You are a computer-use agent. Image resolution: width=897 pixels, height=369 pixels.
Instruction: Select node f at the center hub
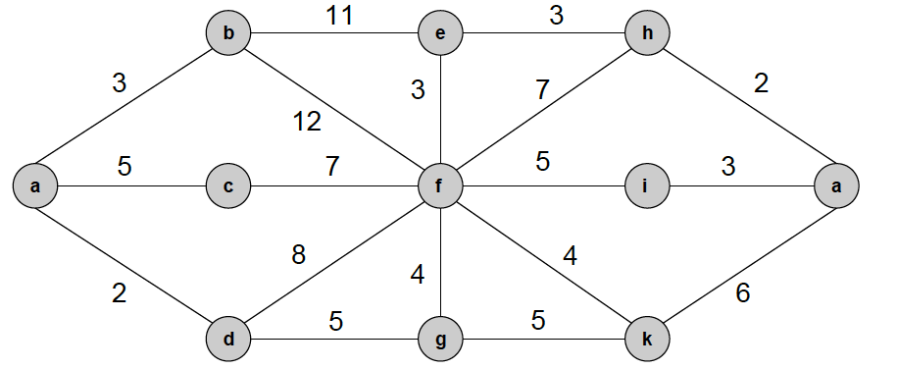pos(439,184)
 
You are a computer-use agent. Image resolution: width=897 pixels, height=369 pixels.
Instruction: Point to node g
pos(439,339)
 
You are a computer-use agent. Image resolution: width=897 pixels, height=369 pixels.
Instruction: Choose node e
pos(439,34)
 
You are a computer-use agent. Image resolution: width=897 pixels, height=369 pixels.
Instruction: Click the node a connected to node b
pos(35,184)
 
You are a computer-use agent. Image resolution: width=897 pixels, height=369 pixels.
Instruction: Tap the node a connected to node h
pos(837,184)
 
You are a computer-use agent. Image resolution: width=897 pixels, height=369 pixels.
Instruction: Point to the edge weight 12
pos(307,123)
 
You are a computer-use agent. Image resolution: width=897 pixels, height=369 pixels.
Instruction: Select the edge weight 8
pos(298,255)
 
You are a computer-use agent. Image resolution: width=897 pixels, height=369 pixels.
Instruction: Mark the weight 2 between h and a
pos(762,83)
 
